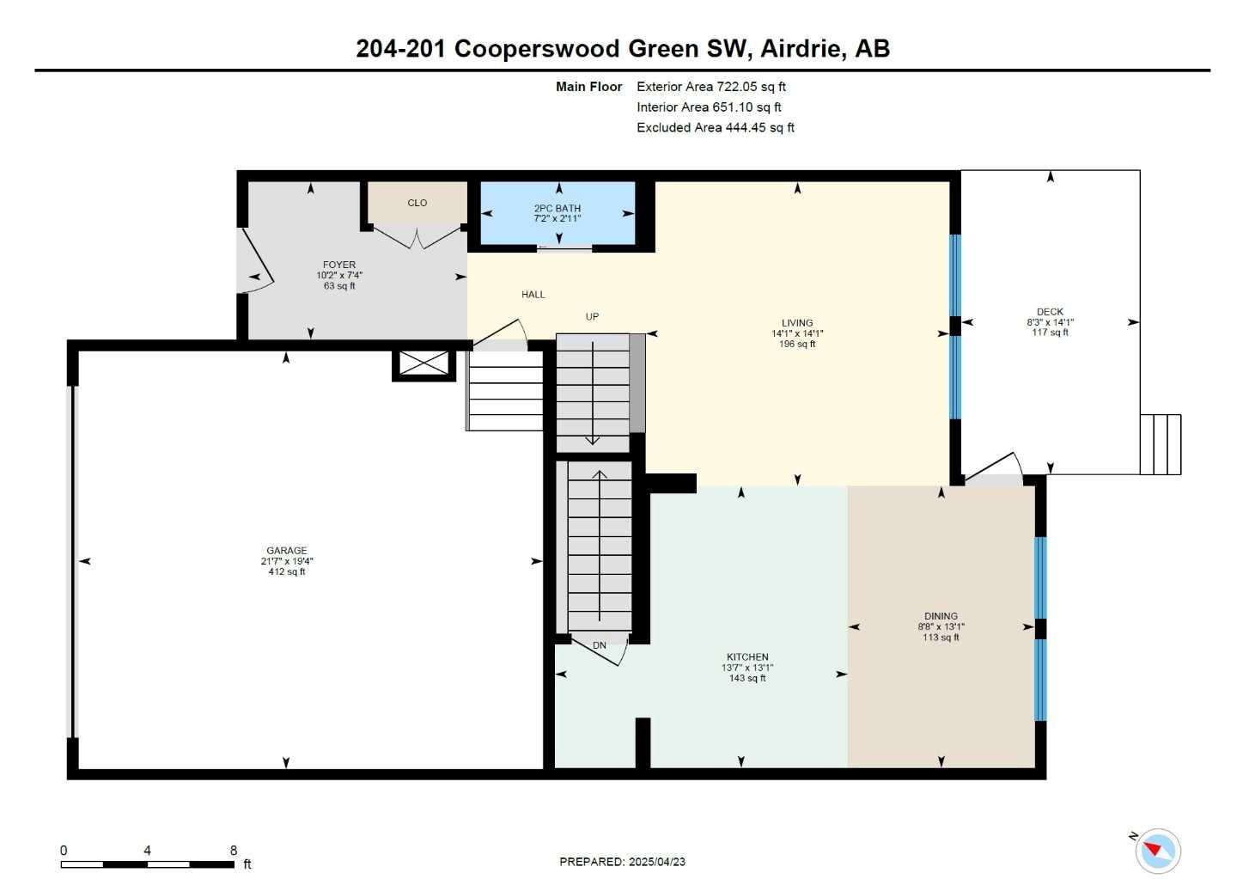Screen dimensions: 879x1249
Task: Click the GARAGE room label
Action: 286,551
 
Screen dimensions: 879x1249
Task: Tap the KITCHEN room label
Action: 746,657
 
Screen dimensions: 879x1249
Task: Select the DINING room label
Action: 941,616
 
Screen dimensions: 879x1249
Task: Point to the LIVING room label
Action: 797,323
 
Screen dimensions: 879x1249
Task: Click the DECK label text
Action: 1050,312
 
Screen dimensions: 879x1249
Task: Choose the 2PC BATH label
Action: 557,208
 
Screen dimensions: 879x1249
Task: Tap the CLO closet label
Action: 417,203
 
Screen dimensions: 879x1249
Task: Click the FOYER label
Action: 339,265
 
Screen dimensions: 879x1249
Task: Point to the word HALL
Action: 533,295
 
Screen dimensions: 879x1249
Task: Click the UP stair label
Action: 592,317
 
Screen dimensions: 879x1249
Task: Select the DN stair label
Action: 600,645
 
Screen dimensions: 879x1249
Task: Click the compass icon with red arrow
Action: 1157,851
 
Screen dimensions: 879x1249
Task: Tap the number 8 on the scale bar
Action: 234,850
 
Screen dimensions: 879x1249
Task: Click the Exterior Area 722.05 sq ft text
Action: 710,87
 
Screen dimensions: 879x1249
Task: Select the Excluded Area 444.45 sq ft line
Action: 715,128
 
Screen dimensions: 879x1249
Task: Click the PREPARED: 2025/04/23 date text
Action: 622,862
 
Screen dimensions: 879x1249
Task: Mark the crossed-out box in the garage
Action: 424,363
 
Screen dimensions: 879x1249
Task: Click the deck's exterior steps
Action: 1161,444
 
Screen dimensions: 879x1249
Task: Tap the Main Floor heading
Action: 588,87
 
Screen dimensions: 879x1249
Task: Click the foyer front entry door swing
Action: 255,262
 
